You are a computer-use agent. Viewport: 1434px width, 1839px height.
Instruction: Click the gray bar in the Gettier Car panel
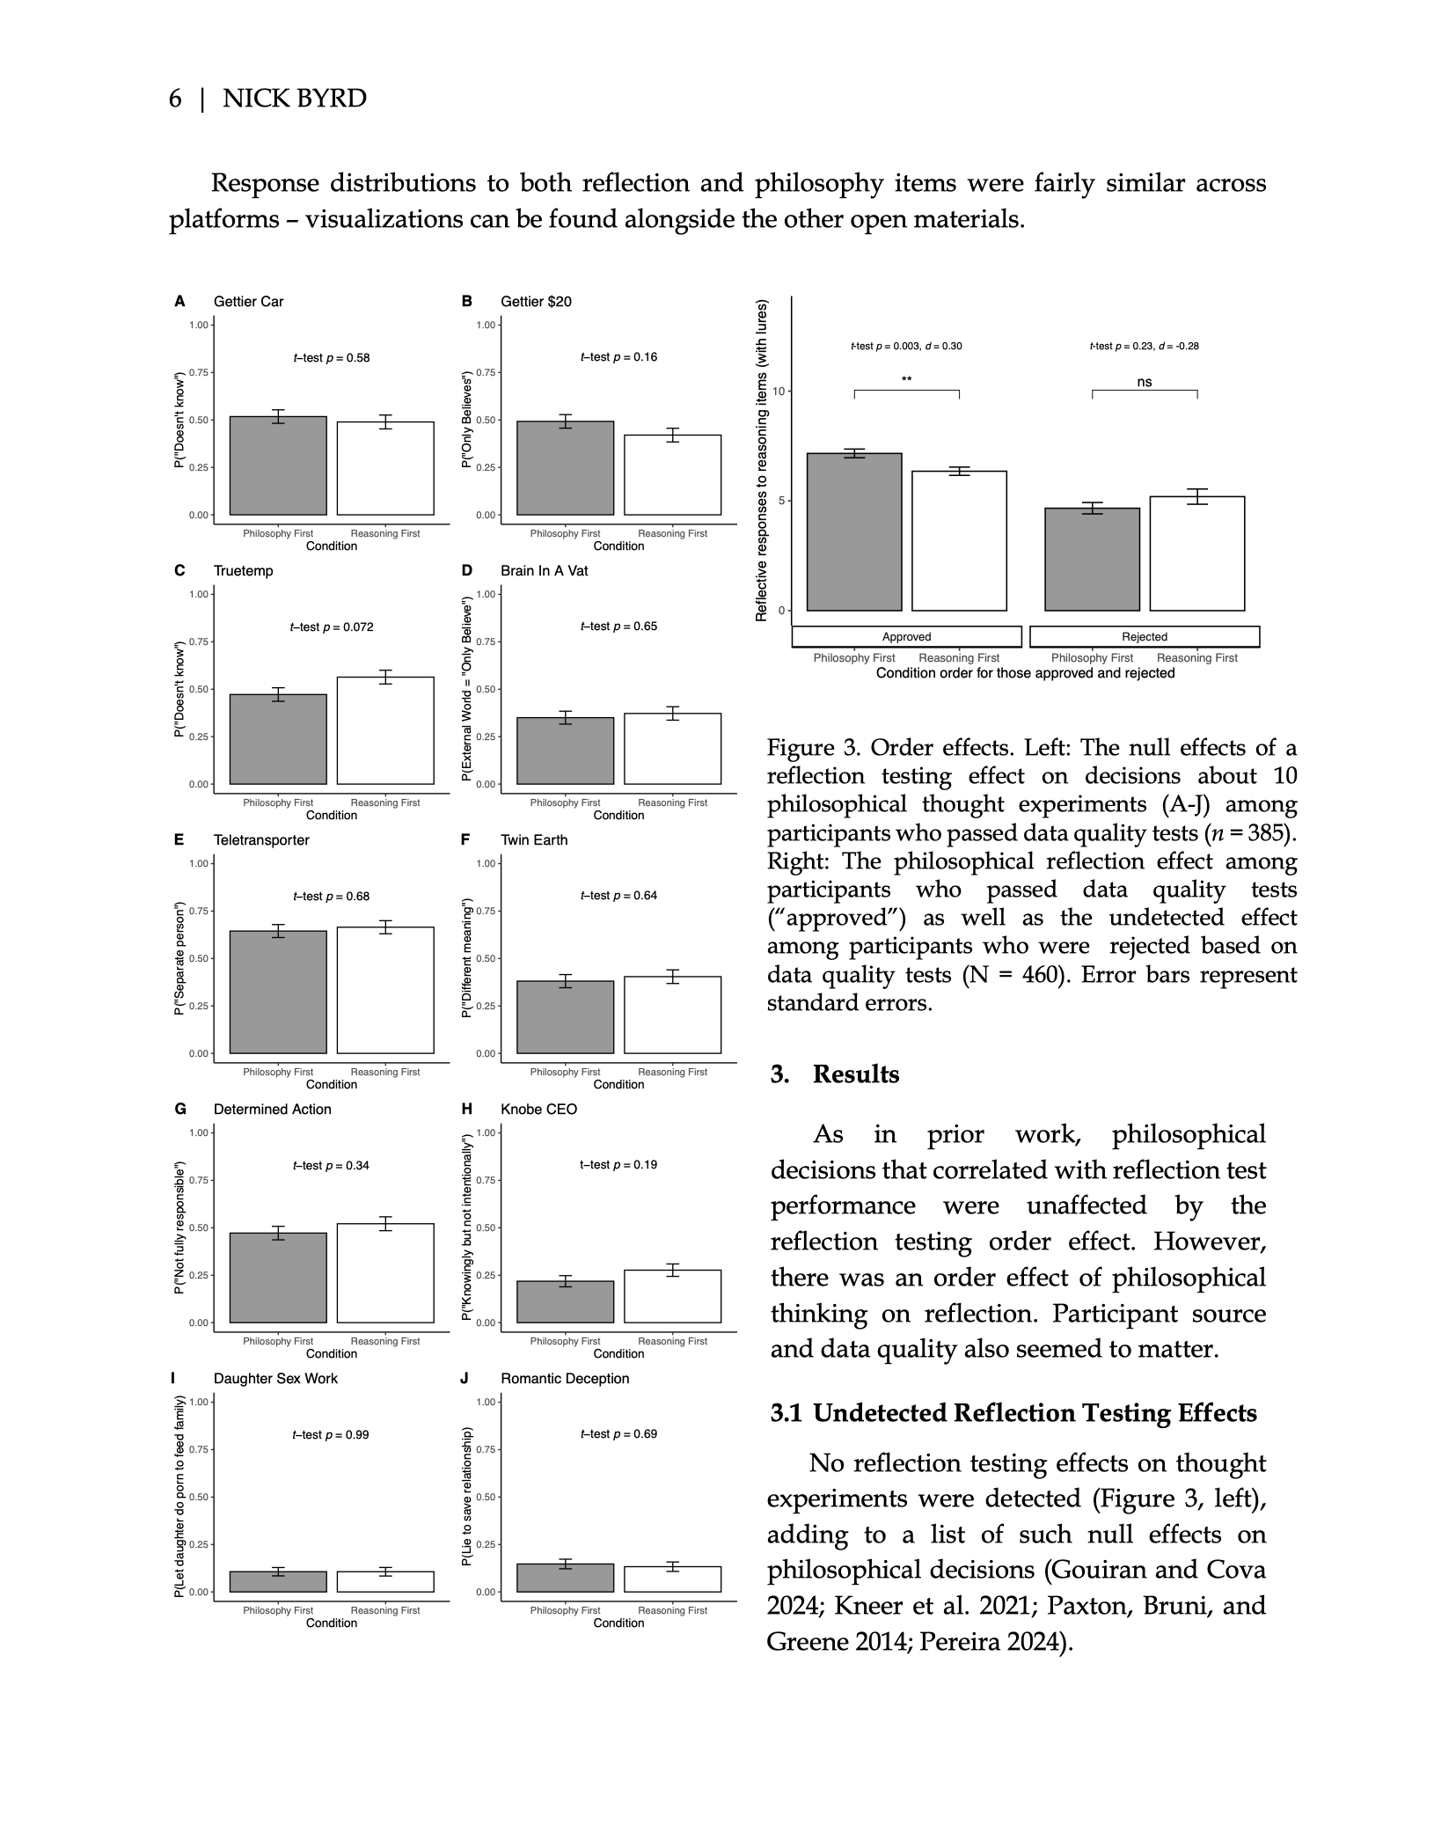pyautogui.click(x=278, y=465)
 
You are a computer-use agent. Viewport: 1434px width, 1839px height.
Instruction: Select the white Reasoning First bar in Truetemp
pyautogui.click(x=385, y=730)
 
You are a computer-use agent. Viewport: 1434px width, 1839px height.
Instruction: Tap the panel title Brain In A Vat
pyautogui.click(x=544, y=571)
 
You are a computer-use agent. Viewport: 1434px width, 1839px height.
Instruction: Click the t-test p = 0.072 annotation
pyautogui.click(x=332, y=627)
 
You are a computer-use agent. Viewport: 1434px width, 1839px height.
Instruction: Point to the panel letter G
pyautogui.click(x=180, y=1110)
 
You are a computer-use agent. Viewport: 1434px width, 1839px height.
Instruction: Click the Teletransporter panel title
pyautogui.click(x=261, y=840)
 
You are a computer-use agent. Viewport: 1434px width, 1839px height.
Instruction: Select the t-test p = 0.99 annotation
pyautogui.click(x=331, y=1435)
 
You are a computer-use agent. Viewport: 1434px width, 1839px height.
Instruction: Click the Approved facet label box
pyautogui.click(x=906, y=637)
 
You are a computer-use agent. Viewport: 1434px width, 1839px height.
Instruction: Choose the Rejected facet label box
pyautogui.click(x=1144, y=637)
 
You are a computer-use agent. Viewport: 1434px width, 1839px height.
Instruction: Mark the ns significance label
pyautogui.click(x=1144, y=383)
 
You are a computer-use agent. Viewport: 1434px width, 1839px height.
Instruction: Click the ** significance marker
pyautogui.click(x=906, y=380)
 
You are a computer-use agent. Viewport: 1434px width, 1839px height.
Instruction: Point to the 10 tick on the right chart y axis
pyautogui.click(x=779, y=391)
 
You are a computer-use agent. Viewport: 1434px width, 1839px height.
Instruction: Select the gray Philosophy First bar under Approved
pyautogui.click(x=853, y=531)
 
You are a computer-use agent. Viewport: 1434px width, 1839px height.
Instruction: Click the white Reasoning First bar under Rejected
pyautogui.click(x=1196, y=553)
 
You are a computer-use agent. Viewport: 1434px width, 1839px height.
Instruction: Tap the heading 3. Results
pyautogui.click(x=835, y=1074)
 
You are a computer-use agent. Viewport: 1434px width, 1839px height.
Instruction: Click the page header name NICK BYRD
pyautogui.click(x=294, y=99)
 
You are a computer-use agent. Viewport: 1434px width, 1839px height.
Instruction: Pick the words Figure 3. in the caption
pyautogui.click(x=814, y=748)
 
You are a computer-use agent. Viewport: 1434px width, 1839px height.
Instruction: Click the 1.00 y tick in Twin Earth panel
pyautogui.click(x=487, y=864)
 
